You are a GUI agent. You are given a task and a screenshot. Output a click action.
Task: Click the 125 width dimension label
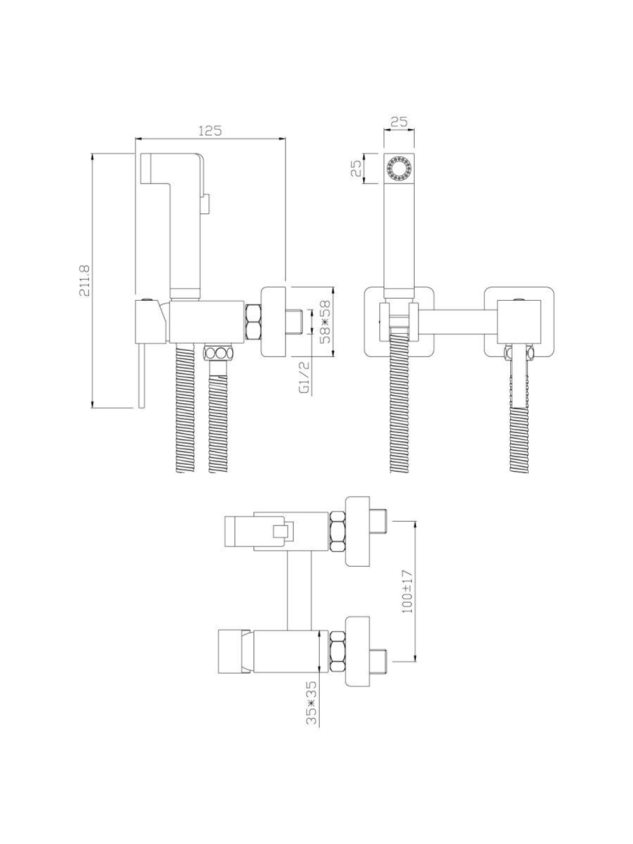[x=210, y=130]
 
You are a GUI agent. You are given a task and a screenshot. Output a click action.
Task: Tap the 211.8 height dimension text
[x=85, y=280]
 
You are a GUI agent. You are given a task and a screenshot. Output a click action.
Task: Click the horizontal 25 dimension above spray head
[x=399, y=122]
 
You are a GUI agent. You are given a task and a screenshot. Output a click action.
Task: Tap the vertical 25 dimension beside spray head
[x=356, y=168]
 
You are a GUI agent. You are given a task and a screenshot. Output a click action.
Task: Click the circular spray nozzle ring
[x=399, y=168]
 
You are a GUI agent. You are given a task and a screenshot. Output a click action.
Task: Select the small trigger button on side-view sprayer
[x=206, y=203]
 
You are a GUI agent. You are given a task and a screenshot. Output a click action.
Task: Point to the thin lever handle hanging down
[x=142, y=375]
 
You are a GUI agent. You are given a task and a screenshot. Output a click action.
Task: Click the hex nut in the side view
[x=253, y=322]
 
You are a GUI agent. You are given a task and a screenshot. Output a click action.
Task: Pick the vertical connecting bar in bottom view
[x=299, y=591]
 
